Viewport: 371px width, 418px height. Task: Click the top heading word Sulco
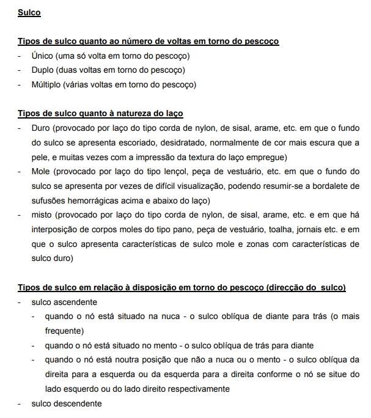coord(29,12)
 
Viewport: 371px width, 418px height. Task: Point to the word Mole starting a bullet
coord(41,172)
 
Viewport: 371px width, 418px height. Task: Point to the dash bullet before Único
coord(20,56)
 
